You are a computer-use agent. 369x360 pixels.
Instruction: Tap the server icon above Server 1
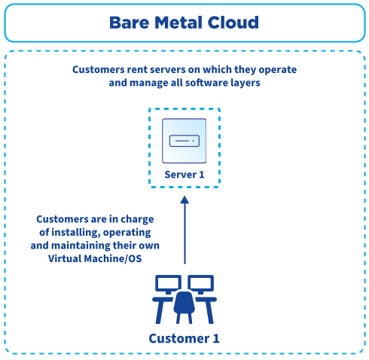coord(184,141)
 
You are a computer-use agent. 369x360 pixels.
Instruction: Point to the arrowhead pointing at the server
coord(184,201)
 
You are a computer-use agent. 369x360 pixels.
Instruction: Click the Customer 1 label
coord(184,338)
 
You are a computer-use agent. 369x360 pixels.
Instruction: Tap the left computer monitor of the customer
coord(167,284)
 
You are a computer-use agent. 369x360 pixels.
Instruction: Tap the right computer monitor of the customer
coord(202,284)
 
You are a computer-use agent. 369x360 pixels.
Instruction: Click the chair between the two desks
coord(184,301)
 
